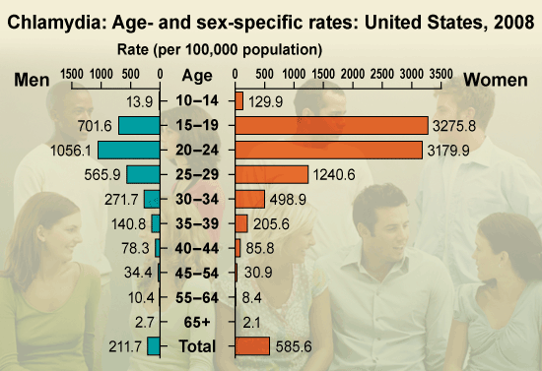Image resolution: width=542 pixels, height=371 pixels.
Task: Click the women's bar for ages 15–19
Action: (331, 125)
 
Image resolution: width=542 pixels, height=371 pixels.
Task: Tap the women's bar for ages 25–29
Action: (271, 174)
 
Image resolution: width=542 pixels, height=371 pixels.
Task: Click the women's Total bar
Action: (252, 345)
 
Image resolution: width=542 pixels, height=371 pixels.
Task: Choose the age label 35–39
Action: (197, 222)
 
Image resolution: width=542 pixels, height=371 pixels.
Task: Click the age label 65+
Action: (197, 321)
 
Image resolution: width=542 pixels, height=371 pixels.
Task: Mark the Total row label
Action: (197, 345)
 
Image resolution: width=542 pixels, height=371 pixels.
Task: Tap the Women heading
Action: (497, 79)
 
